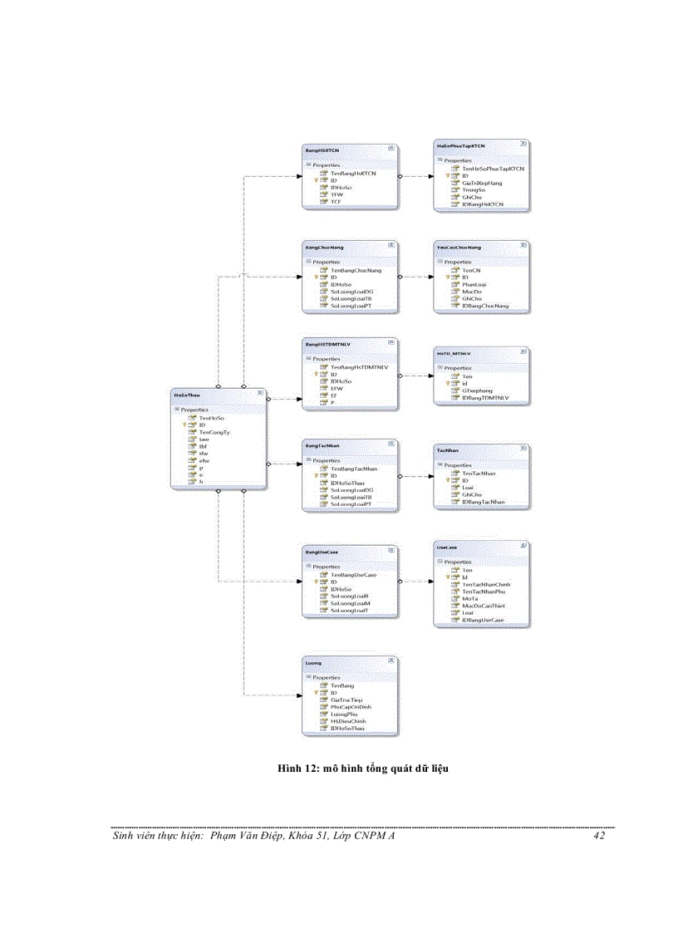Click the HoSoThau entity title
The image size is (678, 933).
point(188,394)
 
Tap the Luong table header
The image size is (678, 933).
point(314,663)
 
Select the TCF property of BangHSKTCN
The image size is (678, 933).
point(336,202)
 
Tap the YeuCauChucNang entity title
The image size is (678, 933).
point(459,247)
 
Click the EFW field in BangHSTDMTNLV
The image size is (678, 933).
point(337,388)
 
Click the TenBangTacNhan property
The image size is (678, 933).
point(353,469)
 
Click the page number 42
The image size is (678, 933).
point(599,836)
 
